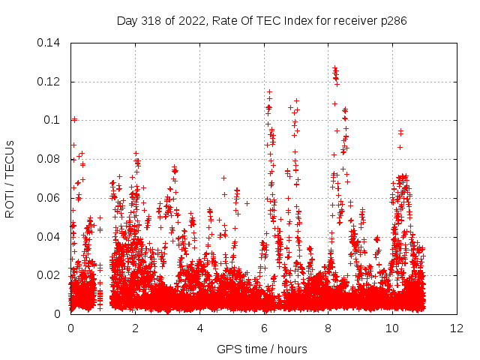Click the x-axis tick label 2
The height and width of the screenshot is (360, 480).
point(135,328)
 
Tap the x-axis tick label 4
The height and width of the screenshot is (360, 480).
point(199,328)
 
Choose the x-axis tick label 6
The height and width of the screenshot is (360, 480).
point(264,328)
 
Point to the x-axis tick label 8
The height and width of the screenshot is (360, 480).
point(328,328)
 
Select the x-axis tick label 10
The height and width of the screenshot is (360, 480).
point(393,328)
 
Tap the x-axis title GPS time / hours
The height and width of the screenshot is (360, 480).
point(262,349)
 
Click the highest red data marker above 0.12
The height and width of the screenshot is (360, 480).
point(334,68)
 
